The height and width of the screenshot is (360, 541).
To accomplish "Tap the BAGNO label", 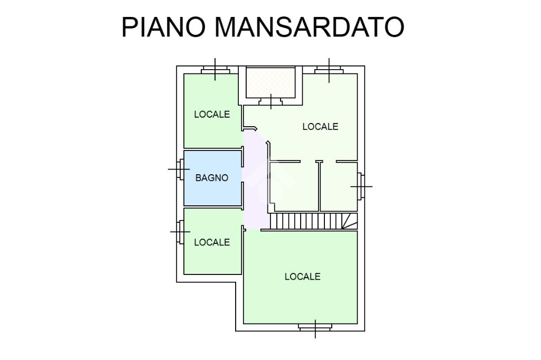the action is click(212, 178).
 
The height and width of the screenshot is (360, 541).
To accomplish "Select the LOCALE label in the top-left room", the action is click(212, 114).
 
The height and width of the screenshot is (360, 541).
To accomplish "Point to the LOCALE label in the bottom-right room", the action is click(302, 277).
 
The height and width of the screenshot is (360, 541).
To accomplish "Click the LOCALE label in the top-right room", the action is click(320, 127).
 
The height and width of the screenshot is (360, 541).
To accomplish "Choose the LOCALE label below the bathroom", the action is click(212, 242).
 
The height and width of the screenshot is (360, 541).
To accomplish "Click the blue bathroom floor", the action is click(212, 193).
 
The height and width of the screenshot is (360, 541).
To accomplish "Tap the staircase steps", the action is click(304, 221).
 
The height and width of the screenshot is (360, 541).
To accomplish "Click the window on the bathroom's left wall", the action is click(181, 169).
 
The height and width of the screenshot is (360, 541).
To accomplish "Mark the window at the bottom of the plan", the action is click(315, 327).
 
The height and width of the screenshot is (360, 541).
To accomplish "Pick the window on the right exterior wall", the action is click(360, 186).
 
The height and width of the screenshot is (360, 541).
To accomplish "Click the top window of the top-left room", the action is click(215, 70).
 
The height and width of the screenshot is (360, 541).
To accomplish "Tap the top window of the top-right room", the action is click(329, 70).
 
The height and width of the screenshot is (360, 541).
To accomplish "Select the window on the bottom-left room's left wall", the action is click(181, 232).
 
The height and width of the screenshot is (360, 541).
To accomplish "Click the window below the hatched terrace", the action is click(271, 100).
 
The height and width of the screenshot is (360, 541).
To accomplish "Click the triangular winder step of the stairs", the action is click(349, 222).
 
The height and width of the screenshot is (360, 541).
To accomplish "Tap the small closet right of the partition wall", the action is click(338, 187).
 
